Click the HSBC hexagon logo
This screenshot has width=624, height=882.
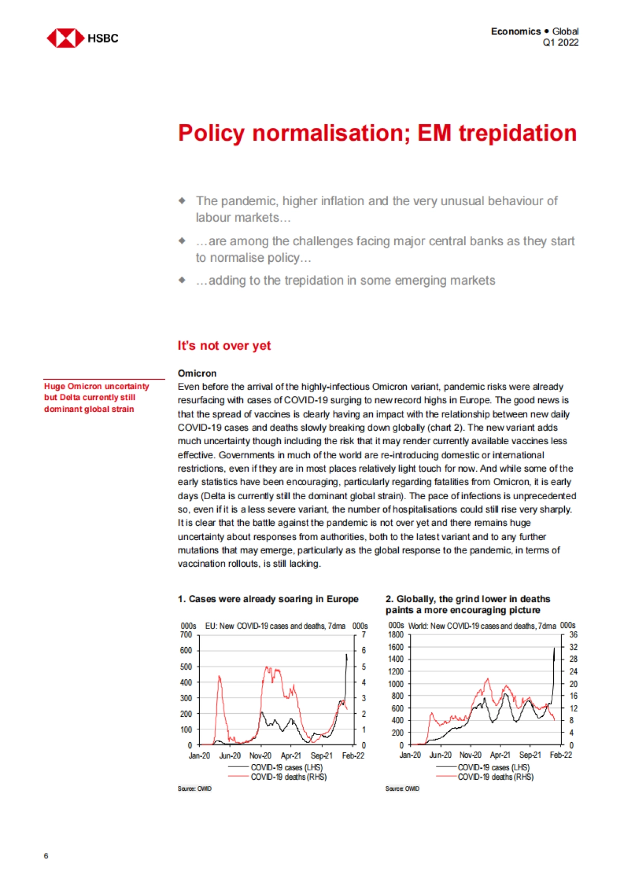click(x=66, y=38)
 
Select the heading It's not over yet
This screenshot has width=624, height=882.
click(x=224, y=346)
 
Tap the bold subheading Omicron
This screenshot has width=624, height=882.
click(x=197, y=373)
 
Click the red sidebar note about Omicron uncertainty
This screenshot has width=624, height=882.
click(x=96, y=397)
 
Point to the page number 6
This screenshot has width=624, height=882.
click(x=46, y=856)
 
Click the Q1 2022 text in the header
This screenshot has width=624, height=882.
click(x=561, y=43)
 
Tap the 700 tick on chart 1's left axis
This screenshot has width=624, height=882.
click(x=186, y=635)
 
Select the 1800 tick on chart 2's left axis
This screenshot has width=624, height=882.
click(x=396, y=635)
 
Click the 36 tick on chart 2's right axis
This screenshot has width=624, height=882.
click(x=573, y=635)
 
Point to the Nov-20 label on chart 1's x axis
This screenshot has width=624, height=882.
click(x=260, y=756)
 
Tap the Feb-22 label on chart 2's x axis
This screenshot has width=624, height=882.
click(x=561, y=755)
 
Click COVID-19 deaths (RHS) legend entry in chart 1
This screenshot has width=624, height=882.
click(x=288, y=777)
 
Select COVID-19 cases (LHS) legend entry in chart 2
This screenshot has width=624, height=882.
click(x=493, y=767)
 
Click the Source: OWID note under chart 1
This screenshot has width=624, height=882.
click(x=194, y=789)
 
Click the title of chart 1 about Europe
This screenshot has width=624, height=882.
click(x=268, y=599)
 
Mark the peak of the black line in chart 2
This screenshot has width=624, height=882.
click(x=554, y=648)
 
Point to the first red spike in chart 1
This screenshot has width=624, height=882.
click(x=219, y=676)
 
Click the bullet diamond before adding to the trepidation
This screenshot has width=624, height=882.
click(x=182, y=280)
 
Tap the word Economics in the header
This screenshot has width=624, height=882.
click(x=515, y=31)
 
